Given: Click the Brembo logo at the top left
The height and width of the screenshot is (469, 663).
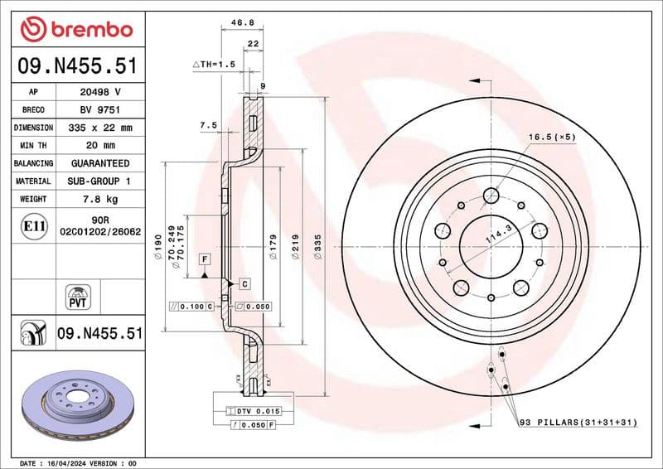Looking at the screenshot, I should (76, 29).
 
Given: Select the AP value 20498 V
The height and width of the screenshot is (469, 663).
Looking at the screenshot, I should (100, 92).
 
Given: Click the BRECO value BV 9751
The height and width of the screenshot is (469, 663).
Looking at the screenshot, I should (100, 110).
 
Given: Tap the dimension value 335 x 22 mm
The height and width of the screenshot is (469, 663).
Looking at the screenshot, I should (100, 128).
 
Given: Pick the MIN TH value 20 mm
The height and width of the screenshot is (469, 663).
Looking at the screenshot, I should (100, 146).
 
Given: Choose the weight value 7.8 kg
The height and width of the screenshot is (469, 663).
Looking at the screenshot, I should (100, 199).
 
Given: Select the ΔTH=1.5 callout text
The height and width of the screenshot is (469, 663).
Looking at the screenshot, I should (215, 64).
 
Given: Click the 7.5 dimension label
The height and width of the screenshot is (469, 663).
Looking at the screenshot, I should (208, 125).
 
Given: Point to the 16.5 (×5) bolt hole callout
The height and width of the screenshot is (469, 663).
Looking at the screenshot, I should (553, 138).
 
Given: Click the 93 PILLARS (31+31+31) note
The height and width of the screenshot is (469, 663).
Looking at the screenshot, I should (578, 423).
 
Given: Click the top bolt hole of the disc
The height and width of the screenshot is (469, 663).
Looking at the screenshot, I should (491, 196).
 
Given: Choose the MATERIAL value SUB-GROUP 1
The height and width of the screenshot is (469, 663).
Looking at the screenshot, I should (100, 181).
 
